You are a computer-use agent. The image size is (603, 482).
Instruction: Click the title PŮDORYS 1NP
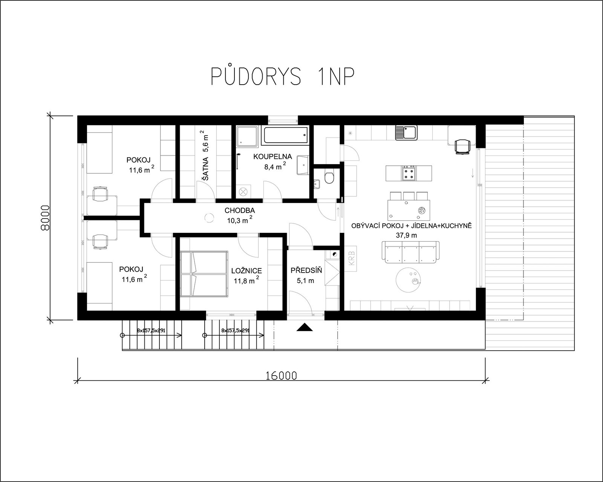283,76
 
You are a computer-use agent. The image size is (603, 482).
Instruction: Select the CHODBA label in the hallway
240,210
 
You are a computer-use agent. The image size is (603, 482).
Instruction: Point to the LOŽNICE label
246,271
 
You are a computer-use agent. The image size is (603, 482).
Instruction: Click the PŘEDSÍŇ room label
306,270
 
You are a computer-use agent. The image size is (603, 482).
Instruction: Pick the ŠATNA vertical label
206,169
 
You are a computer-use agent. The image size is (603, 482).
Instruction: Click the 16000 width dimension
281,376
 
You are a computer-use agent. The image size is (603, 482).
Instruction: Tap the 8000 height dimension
45,218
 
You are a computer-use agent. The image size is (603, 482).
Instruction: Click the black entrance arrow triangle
305,327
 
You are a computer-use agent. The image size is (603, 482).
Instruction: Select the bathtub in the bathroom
285,135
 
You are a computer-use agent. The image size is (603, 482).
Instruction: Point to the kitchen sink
406,132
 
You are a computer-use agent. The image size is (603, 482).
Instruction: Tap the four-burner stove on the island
409,173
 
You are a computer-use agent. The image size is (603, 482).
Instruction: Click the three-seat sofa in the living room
410,252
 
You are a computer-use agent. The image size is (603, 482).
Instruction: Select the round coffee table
408,280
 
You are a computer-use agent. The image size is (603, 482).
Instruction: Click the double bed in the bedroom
204,274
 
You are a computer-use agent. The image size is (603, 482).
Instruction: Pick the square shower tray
247,136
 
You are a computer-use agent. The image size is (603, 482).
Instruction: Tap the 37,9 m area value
406,235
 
